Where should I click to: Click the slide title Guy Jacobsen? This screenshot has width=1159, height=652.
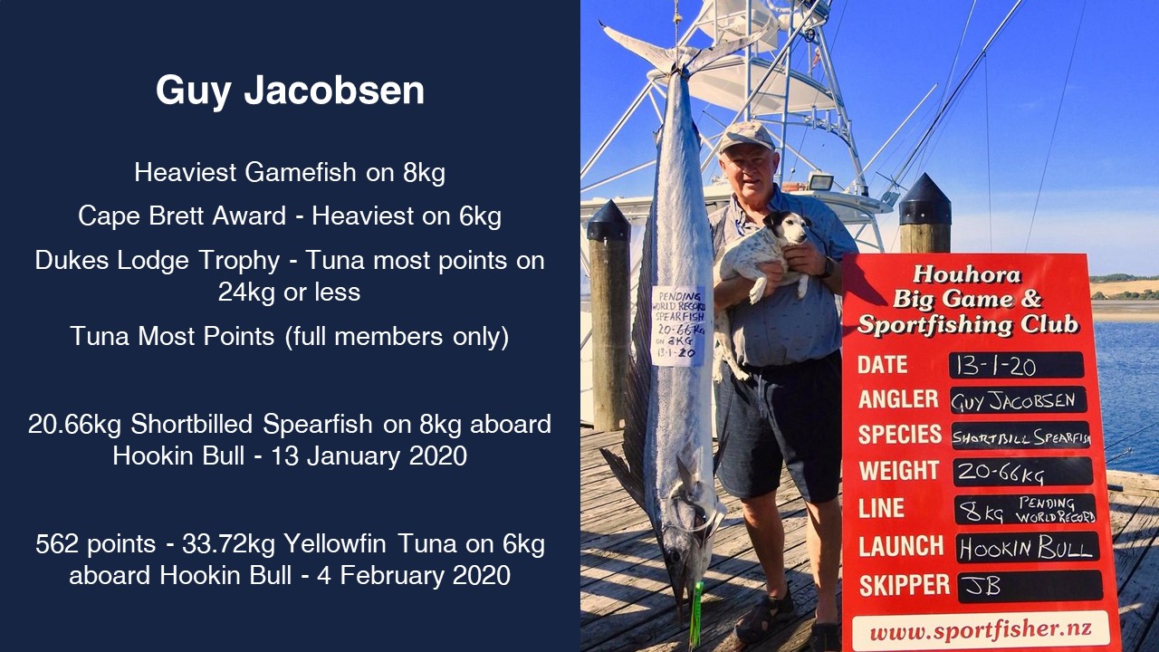point(290,91)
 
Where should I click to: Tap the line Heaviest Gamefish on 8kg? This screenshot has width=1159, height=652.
point(290,172)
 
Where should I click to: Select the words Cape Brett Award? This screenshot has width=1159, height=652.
point(182,216)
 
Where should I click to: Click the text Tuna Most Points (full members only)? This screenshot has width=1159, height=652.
point(290,336)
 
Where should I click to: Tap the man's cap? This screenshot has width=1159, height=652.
point(747,136)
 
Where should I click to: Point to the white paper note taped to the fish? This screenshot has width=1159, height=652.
point(678,325)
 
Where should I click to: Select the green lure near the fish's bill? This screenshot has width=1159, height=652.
point(696,615)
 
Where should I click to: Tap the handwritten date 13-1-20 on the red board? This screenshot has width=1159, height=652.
point(996,366)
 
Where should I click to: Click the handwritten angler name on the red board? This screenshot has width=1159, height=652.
point(1013,401)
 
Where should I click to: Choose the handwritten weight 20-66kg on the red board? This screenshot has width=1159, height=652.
point(1001,473)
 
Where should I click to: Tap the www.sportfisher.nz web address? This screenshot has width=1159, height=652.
point(981,629)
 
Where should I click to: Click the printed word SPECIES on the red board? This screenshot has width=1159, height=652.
point(900,434)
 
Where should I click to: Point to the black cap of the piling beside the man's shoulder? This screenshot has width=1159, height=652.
point(924,199)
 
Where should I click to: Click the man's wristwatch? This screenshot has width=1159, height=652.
point(829,267)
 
